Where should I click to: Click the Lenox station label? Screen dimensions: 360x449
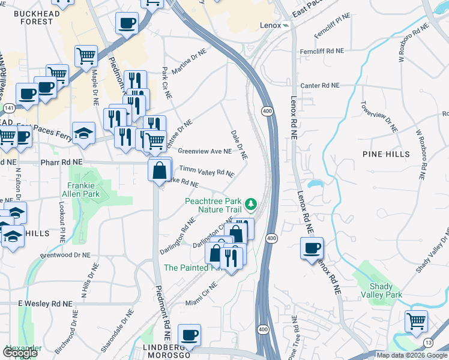271,26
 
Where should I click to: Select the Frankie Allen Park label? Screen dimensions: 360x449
81,190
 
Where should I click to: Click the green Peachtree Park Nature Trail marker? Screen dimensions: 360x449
252,205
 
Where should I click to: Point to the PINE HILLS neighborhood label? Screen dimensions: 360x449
386,154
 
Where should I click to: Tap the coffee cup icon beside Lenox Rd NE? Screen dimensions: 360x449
312,248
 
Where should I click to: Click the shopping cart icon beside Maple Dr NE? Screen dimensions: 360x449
86,56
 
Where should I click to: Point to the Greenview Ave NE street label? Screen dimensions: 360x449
204,151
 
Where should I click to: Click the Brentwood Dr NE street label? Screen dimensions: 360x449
65,255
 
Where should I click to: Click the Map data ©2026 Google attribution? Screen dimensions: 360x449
412,355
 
